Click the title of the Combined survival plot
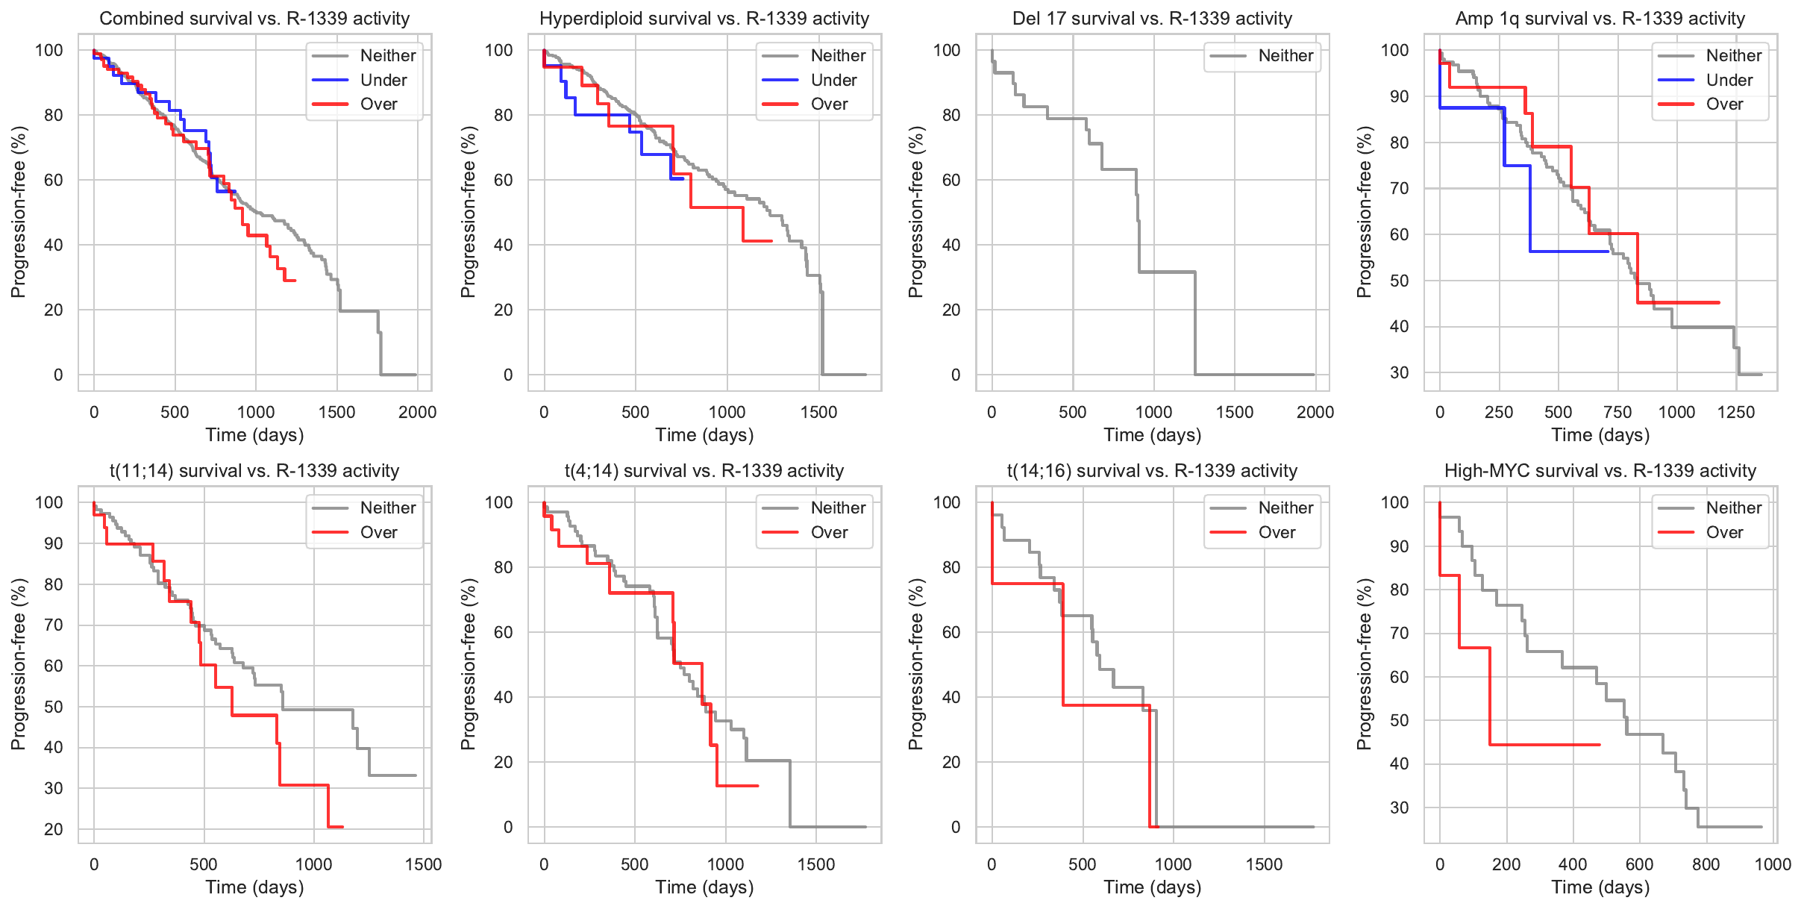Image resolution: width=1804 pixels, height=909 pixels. tap(254, 19)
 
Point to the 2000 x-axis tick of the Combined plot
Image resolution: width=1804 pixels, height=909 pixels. tap(417, 412)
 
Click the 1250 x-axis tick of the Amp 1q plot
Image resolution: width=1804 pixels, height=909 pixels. tap(1736, 412)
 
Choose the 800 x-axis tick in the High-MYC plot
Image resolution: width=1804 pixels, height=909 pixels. tap(1706, 864)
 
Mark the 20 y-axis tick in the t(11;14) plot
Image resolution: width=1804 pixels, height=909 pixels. tap(54, 829)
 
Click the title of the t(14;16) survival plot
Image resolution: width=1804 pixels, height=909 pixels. tap(1152, 471)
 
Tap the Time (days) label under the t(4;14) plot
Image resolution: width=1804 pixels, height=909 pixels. tap(704, 887)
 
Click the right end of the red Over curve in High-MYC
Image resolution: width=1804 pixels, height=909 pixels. tap(1600, 745)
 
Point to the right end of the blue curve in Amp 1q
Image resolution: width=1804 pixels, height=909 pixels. tap(1608, 252)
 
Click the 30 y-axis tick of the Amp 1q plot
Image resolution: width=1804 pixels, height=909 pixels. tap(1400, 372)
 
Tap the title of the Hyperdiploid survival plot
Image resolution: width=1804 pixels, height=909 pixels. tap(704, 19)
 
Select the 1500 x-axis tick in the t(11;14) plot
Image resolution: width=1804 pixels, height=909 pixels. tap(423, 864)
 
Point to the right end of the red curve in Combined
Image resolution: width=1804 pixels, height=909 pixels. tap(295, 281)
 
